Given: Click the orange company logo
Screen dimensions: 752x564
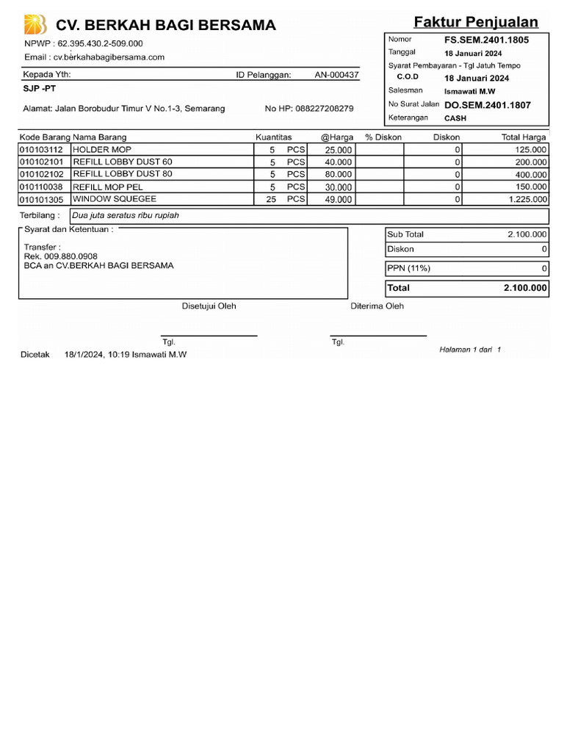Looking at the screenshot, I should pos(35,24).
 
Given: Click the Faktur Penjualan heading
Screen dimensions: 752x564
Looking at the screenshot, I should pos(475,21).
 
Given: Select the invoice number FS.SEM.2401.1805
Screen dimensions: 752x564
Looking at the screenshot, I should pos(486,40).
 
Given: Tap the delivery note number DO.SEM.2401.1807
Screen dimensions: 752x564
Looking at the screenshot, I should pos(487,105).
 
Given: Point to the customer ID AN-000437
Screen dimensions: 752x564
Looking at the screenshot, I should pos(336,75).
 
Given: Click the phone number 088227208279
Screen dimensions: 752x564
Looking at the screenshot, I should pos(325,109).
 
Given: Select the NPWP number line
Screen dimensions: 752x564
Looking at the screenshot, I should pos(84,43).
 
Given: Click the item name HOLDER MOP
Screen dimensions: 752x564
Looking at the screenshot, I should pos(102,149).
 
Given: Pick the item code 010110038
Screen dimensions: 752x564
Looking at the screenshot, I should pos(42,187).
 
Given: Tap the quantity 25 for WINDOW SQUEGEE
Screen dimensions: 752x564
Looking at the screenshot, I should pos(271,199).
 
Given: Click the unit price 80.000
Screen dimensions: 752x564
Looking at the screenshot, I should pos(339,175).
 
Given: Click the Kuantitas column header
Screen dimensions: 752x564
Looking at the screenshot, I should pos(274,137).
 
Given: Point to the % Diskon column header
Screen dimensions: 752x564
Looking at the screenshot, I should pos(383,137).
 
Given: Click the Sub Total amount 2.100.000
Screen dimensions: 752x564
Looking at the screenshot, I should pos(527,234).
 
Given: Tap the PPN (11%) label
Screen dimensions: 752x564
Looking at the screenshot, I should pos(409,268).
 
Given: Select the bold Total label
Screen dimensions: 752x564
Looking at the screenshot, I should pos(399,288).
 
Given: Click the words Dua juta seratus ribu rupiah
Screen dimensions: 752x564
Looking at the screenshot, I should pos(126,216).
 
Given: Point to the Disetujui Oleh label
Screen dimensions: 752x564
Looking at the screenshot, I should pos(209,306).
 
